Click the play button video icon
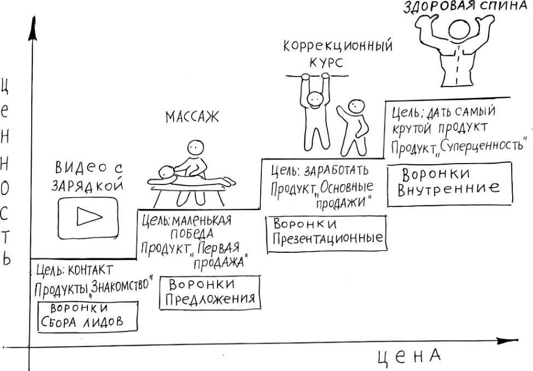click(x=88, y=217)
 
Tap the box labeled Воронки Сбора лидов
click(x=88, y=316)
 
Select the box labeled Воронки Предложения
click(x=210, y=292)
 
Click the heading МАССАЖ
click(x=191, y=117)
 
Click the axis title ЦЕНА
click(x=409, y=357)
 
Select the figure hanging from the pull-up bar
click(x=314, y=109)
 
